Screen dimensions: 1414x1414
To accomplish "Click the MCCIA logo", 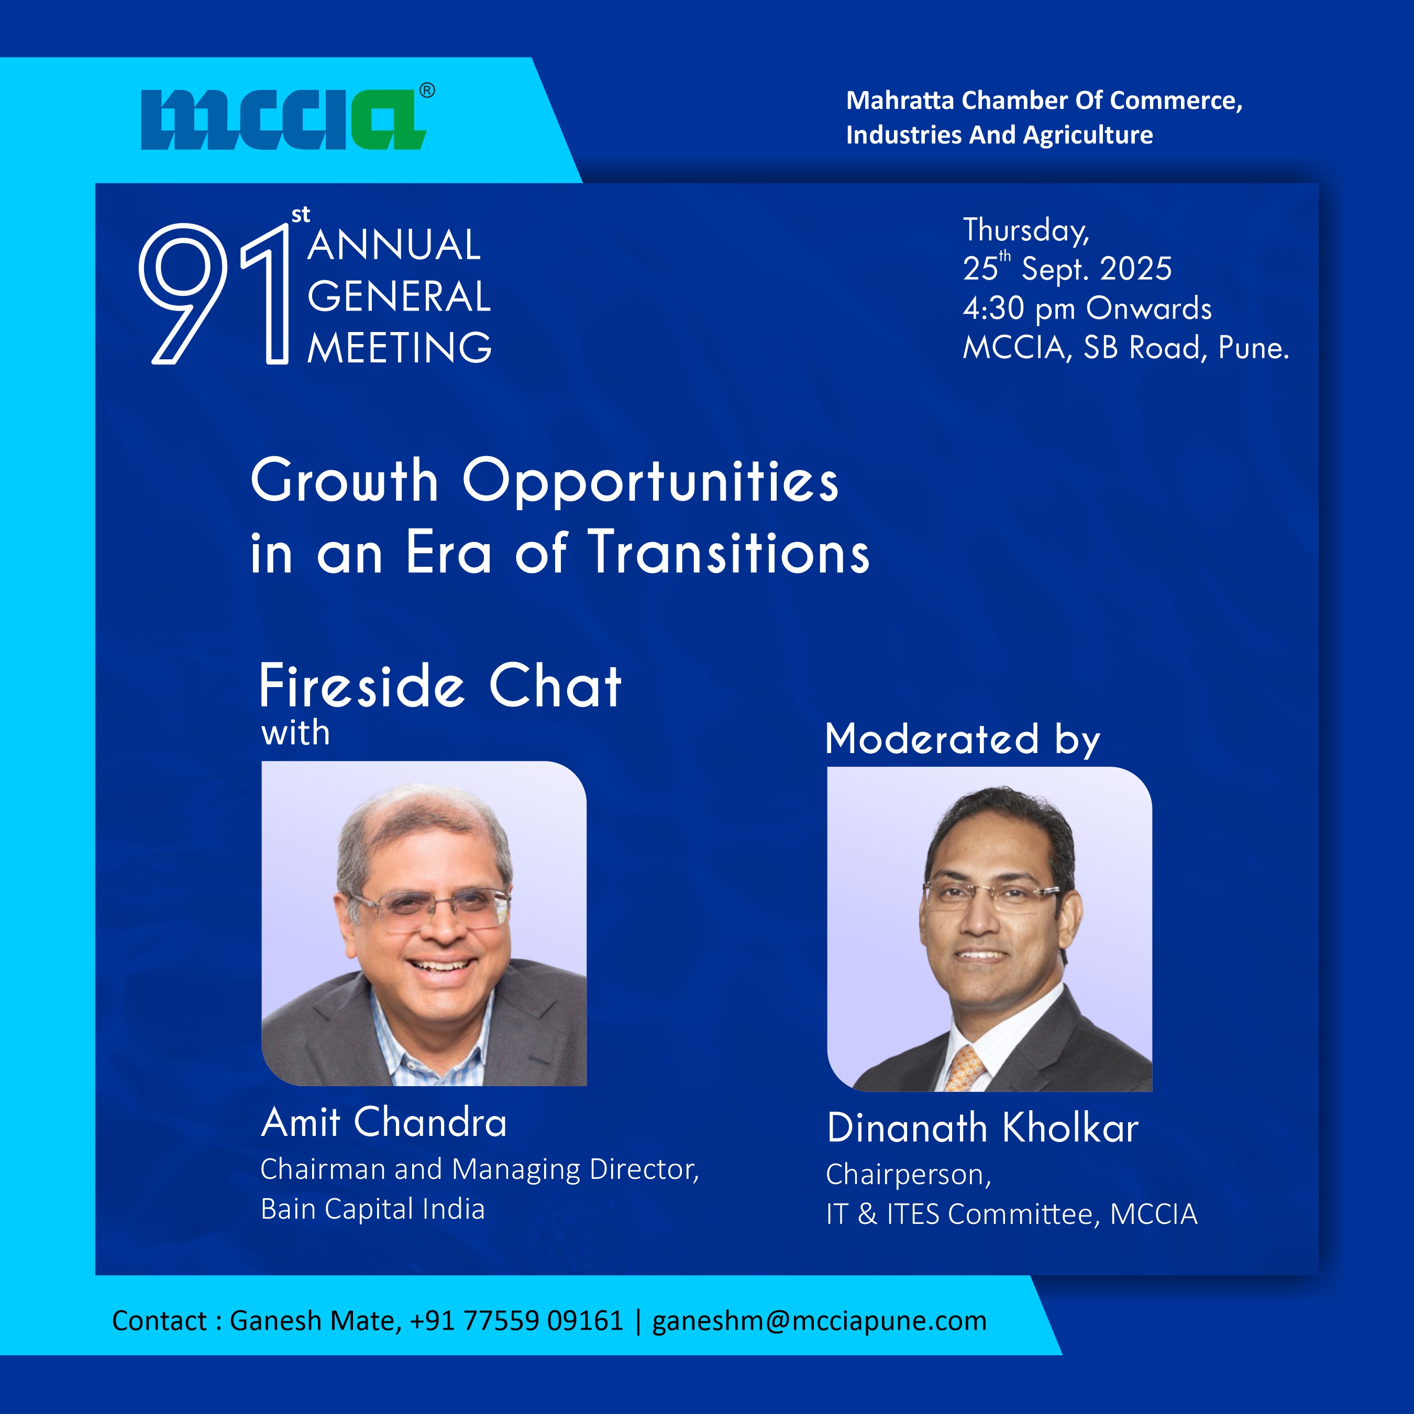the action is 283,120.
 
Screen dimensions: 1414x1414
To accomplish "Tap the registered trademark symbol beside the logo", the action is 427,91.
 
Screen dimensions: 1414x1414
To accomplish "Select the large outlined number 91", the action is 214,293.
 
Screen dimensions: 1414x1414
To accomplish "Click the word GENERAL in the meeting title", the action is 399,296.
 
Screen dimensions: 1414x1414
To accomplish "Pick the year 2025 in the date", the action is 1136,269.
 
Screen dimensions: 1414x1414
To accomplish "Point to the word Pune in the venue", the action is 1253,348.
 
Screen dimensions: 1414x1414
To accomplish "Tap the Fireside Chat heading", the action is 440,687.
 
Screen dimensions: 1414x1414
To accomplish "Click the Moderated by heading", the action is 963,738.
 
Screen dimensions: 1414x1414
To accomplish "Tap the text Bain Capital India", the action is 372,1209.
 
